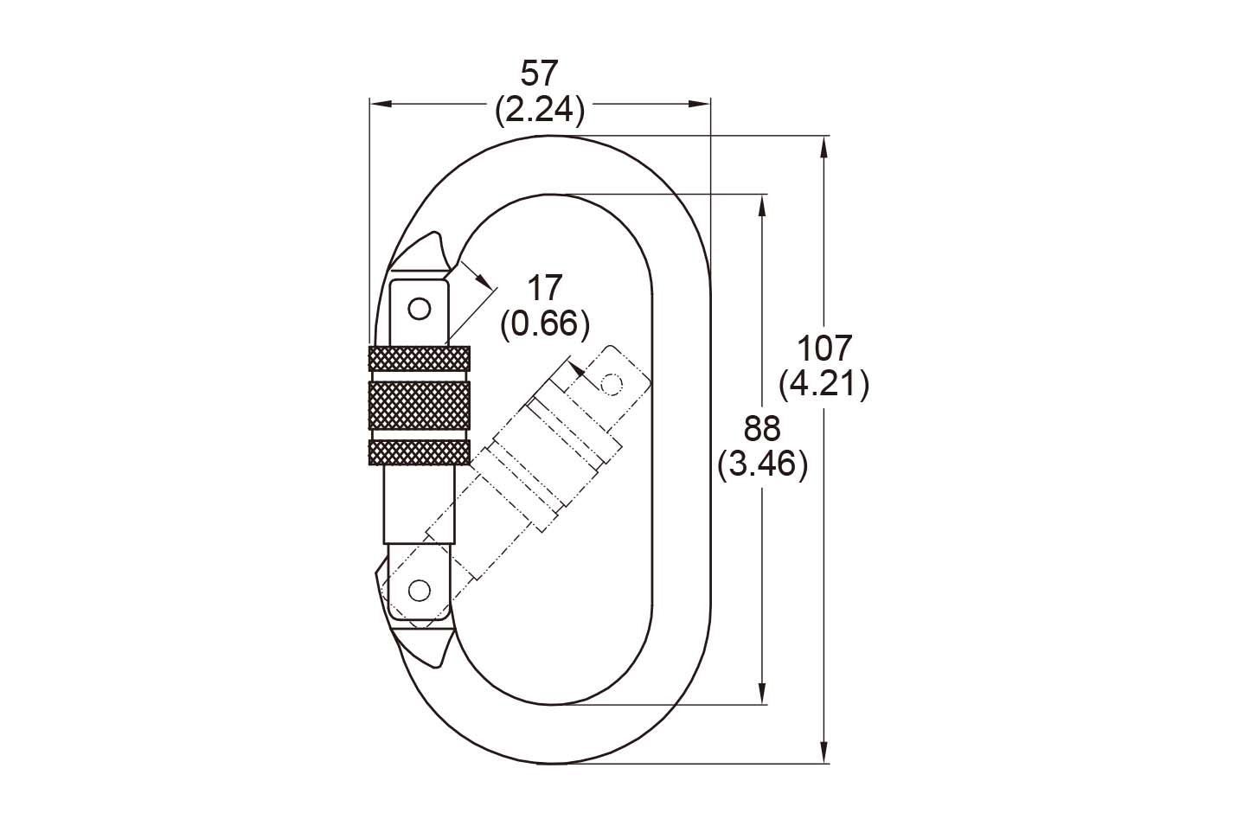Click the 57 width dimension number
click(x=541, y=74)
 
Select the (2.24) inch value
click(x=541, y=111)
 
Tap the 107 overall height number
click(x=824, y=348)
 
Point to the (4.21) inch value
click(x=824, y=384)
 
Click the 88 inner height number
click(x=762, y=428)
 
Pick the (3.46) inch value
click(x=762, y=464)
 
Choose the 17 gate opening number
click(x=545, y=287)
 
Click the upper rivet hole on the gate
click(x=420, y=307)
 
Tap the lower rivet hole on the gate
click(x=420, y=590)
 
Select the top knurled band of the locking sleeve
click(x=420, y=357)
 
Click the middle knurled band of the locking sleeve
click(x=420, y=404)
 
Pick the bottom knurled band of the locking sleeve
click(x=420, y=452)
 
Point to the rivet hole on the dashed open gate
click(x=612, y=381)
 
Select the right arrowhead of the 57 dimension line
click(x=700, y=104)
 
